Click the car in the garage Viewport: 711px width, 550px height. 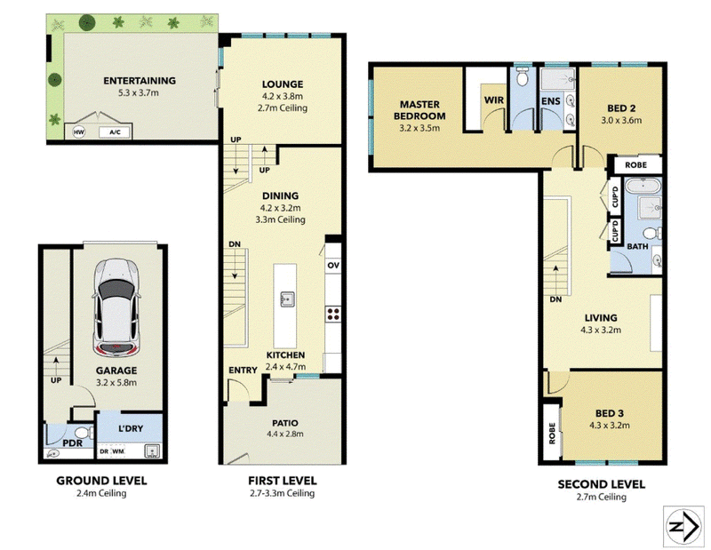tap(116, 307)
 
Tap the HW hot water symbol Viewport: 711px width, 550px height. tap(79, 132)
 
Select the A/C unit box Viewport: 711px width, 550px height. tap(115, 132)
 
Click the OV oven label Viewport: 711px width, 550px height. tap(333, 266)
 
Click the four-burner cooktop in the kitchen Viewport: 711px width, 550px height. tap(333, 314)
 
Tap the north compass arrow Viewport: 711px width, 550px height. tap(684, 526)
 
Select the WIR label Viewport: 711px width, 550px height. tap(494, 100)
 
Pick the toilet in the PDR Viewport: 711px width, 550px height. tap(84, 432)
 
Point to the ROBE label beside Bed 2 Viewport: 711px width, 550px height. tap(635, 165)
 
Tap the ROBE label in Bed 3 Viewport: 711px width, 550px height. tap(552, 433)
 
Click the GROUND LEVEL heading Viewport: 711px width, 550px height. tap(101, 481)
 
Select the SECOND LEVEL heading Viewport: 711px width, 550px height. tap(602, 484)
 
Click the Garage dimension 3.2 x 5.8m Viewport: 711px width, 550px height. tap(116, 382)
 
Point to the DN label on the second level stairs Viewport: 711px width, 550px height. tap(555, 299)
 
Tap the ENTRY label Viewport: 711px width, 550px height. tap(243, 371)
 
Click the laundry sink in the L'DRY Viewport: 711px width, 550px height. tap(152, 451)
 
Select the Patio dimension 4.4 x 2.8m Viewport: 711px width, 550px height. tap(285, 434)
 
